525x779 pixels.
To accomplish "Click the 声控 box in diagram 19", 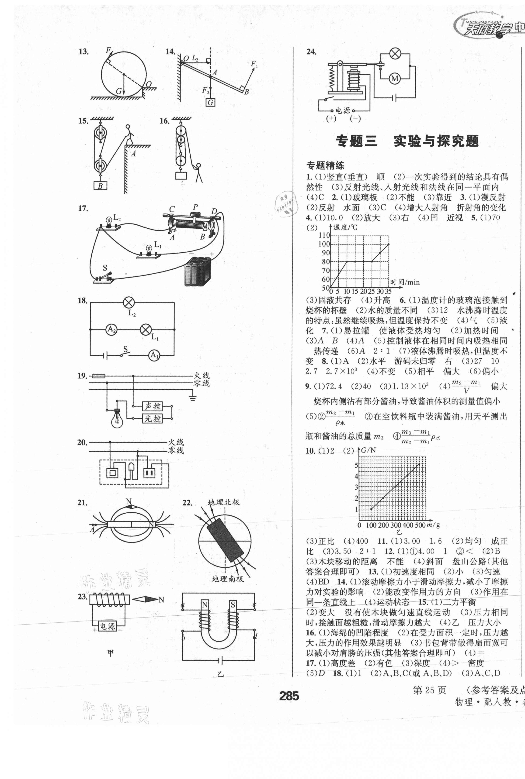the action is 152,406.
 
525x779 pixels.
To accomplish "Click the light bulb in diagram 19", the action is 117,418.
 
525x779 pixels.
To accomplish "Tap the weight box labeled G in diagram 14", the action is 210,102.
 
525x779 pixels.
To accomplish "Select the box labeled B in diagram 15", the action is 100,186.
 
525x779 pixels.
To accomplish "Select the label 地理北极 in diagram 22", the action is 224,502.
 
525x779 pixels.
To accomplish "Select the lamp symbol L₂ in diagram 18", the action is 129,303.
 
